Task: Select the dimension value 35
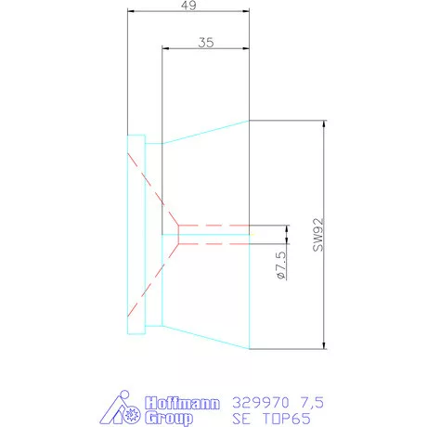click(x=206, y=43)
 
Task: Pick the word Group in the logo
click(x=170, y=419)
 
